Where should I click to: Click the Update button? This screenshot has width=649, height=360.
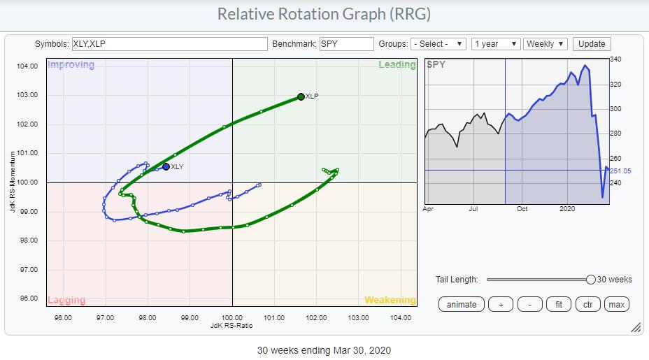592,43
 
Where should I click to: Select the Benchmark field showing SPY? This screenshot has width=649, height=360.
347,43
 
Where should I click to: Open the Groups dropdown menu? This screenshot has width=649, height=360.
438,43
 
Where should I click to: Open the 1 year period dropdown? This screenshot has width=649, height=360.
496,43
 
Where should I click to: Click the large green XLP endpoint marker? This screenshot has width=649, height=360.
301,96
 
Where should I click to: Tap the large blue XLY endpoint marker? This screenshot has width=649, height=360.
166,166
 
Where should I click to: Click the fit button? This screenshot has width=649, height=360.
557,304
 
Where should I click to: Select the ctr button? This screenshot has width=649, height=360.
587,304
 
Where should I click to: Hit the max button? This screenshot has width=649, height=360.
616,304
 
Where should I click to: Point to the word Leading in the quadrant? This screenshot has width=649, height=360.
397,65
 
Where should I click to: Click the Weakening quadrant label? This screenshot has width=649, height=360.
390,300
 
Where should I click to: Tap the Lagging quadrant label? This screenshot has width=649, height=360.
66,300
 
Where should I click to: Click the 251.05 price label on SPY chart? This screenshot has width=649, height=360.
620,171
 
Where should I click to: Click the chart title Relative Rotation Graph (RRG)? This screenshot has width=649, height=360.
324,14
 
